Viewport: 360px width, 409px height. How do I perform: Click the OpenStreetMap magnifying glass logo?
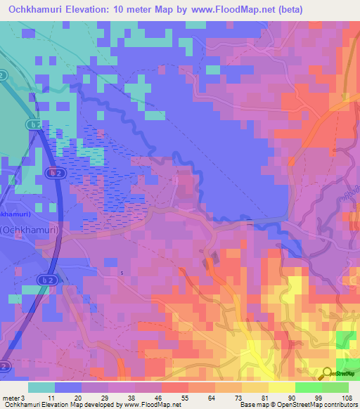click(x=328, y=372)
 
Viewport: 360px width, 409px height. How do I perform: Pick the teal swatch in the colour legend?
click(x=41, y=387)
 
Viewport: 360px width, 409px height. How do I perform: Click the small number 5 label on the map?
click(x=121, y=273)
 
